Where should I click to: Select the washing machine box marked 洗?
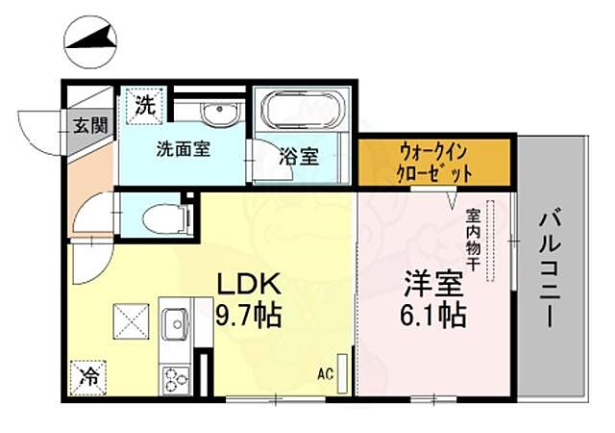(145, 105)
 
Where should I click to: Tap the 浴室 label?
(299, 157)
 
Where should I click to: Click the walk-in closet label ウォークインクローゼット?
(434, 163)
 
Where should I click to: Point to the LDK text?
(247, 285)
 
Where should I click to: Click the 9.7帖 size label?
(247, 315)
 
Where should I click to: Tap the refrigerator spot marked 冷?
(87, 376)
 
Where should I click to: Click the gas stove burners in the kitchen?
(178, 375)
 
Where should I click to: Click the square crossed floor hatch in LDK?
(130, 319)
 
